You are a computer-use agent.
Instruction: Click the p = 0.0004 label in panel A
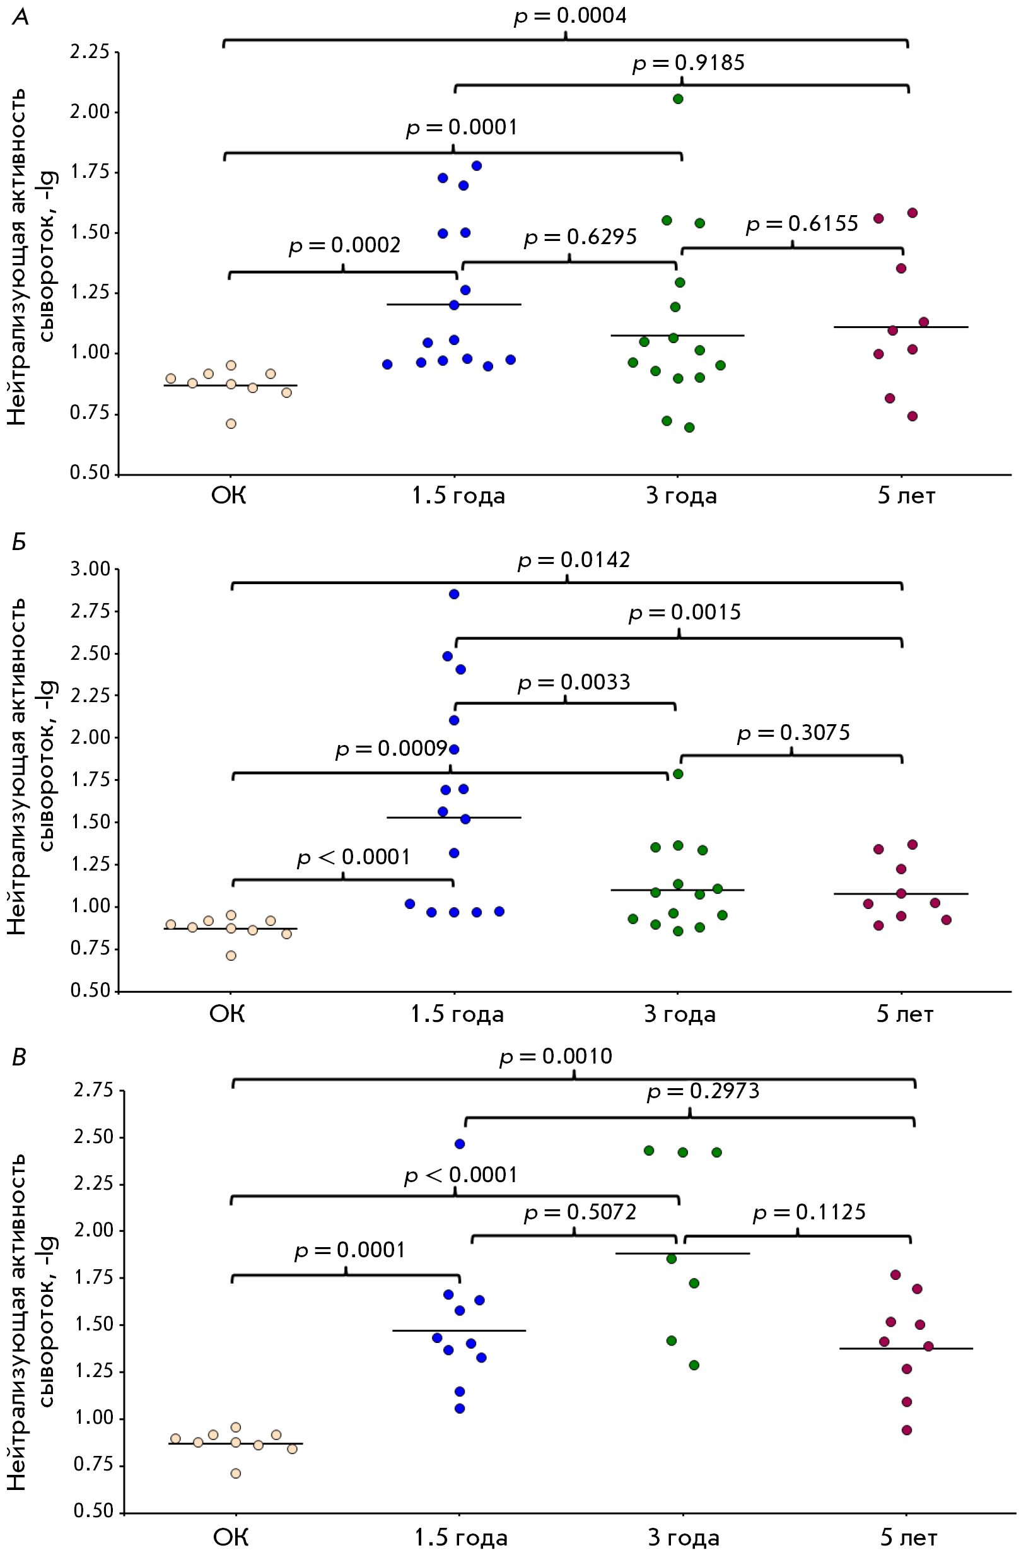(570, 16)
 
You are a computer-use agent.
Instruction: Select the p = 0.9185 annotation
(689, 64)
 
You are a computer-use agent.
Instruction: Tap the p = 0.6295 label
(581, 237)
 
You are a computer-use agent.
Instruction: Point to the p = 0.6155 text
(802, 224)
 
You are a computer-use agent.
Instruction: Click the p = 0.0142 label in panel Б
(574, 560)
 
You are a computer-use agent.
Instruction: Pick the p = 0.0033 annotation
(574, 683)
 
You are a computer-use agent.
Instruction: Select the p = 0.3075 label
(793, 733)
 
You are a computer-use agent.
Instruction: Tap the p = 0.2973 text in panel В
(703, 1091)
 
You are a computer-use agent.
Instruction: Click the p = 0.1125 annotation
(809, 1212)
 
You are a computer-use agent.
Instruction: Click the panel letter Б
(20, 542)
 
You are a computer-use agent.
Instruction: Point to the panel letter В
(20, 1057)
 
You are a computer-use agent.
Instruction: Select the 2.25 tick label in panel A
(90, 52)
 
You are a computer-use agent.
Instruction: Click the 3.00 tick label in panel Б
(90, 569)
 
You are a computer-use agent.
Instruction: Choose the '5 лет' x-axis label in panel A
(906, 496)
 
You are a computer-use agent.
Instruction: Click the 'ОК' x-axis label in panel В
(231, 1538)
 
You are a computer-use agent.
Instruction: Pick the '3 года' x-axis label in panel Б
(680, 1014)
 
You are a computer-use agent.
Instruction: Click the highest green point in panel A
(679, 99)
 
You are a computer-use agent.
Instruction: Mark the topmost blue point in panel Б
(454, 594)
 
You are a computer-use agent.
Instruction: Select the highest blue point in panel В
(460, 1144)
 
